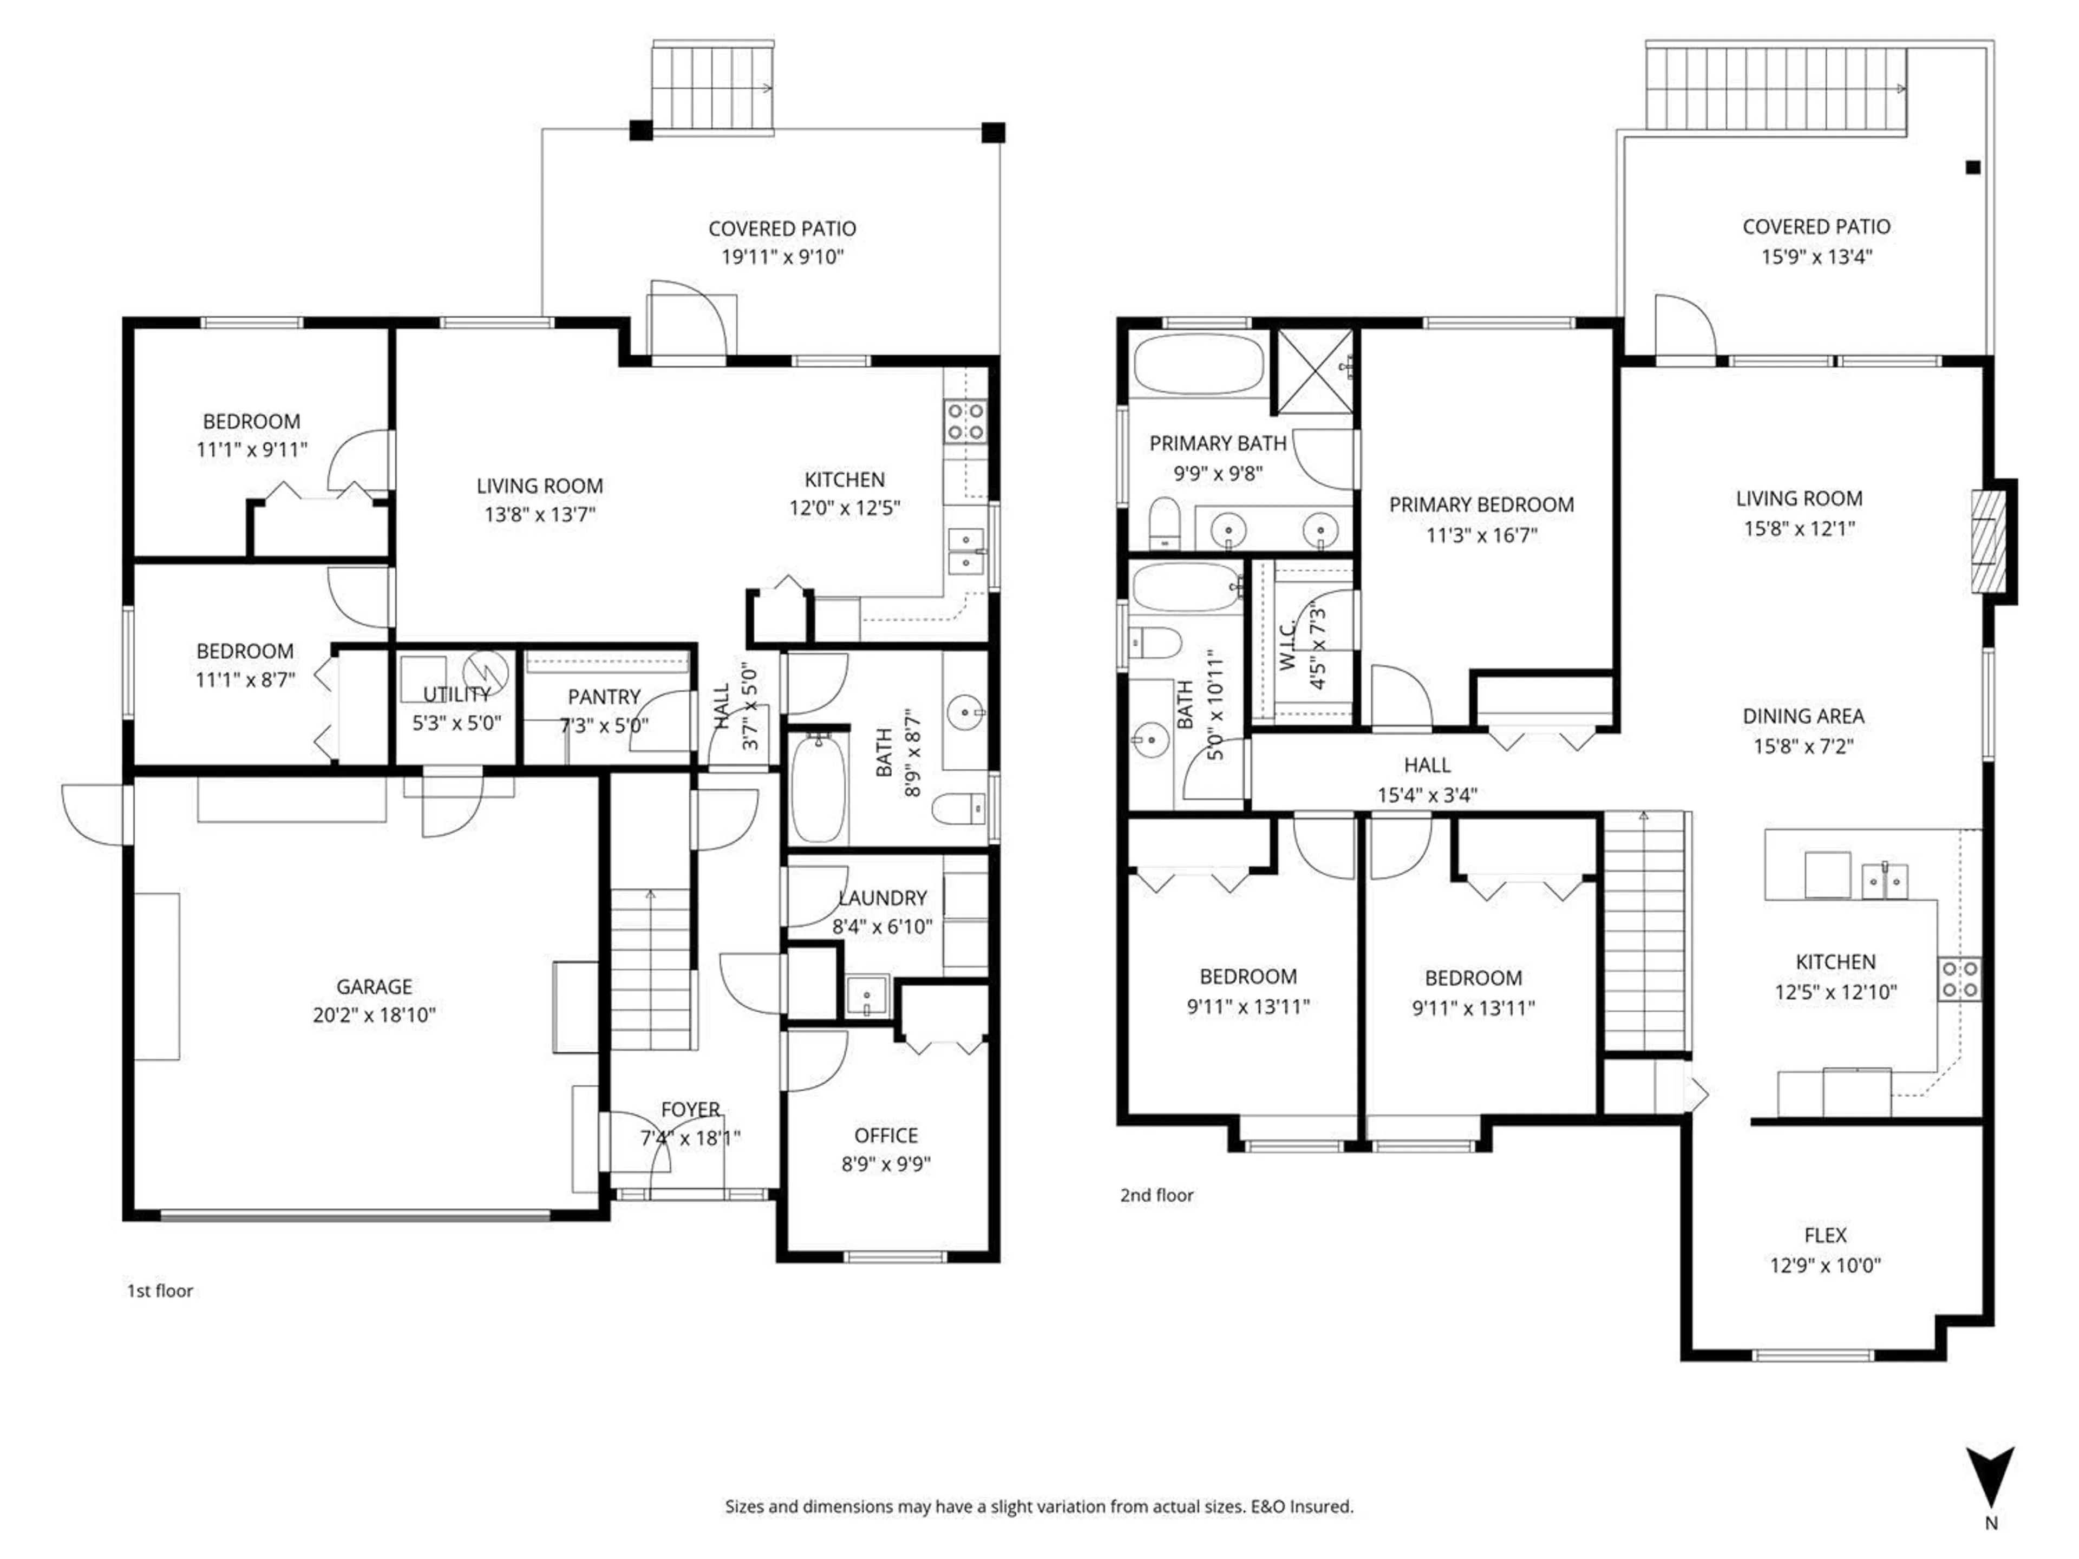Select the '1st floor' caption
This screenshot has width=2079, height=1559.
click(x=160, y=1291)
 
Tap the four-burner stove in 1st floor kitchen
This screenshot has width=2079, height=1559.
click(x=965, y=421)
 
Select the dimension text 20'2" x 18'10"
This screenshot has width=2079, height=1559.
click(x=374, y=1015)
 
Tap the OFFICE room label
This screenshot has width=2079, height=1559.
click(x=885, y=1135)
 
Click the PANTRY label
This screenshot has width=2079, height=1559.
click(x=604, y=697)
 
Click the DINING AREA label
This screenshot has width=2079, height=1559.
click(x=1803, y=716)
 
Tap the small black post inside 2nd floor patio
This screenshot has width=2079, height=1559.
click(x=1973, y=167)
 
